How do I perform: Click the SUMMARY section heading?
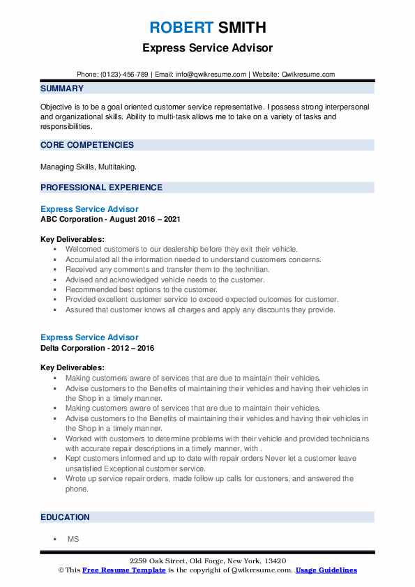click(62, 89)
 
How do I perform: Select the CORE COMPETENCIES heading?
click(87, 145)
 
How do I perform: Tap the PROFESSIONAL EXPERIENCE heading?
click(101, 187)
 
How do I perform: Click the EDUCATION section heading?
click(65, 517)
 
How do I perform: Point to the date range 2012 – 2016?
click(136, 347)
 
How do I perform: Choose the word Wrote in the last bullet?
click(77, 479)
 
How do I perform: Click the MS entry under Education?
click(73, 539)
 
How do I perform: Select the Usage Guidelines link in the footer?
click(326, 570)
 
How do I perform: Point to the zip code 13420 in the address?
click(275, 561)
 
